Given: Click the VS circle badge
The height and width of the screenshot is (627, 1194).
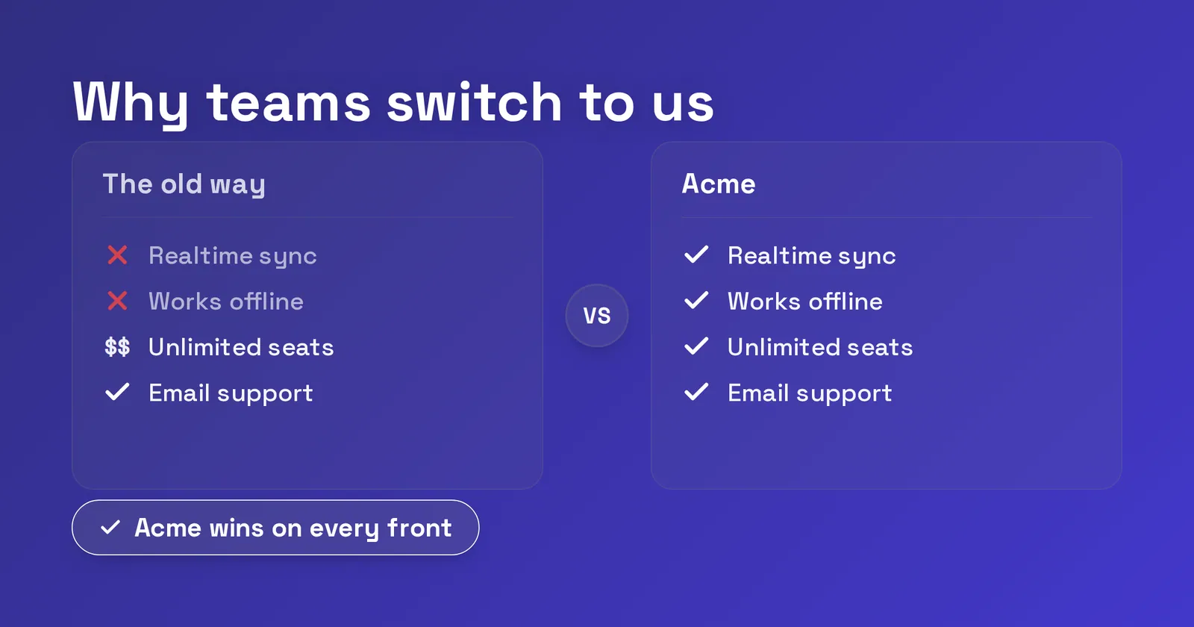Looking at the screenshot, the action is [597, 316].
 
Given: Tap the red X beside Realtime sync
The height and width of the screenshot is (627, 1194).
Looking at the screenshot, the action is [117, 255].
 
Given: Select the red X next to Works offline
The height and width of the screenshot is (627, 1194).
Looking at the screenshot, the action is [117, 302].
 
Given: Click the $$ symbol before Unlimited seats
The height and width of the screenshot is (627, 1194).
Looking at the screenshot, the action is [117, 347].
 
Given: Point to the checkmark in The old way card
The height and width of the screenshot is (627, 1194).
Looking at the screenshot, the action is [117, 392].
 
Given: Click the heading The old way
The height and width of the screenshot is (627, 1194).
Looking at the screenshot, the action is [184, 184].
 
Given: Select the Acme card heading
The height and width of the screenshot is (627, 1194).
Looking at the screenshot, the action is [719, 184].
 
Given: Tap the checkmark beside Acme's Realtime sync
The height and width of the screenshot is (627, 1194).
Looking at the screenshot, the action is [696, 255].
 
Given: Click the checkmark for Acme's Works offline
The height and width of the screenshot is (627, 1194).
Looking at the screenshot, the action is [696, 301].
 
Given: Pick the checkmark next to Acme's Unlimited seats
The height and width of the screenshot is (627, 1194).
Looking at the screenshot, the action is [696, 346].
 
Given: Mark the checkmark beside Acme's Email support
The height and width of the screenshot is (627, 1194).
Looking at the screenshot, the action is [696, 393].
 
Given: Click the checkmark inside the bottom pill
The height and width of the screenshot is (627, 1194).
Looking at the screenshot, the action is [110, 527].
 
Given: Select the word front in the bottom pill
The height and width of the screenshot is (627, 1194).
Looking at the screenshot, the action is [419, 528].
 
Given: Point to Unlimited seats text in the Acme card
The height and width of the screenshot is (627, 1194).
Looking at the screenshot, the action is [820, 347].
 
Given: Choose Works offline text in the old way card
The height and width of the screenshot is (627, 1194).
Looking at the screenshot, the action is [226, 302].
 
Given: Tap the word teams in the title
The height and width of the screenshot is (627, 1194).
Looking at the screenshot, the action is [288, 102].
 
